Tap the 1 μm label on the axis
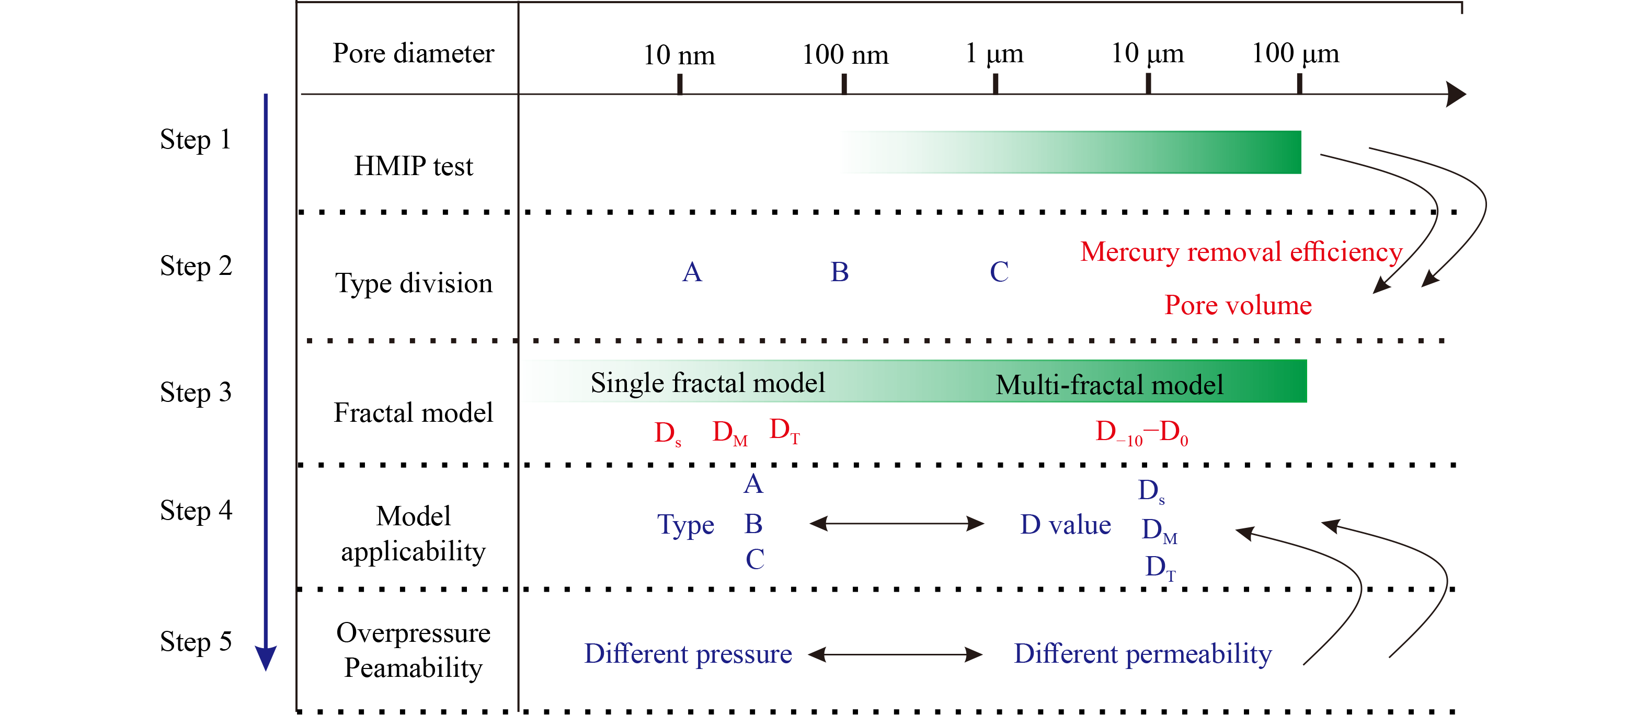coord(994,54)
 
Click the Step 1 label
coord(195,140)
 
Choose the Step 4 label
coord(196,511)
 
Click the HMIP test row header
coord(413,166)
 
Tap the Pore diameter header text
coord(413,53)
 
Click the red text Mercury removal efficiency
coord(1241,252)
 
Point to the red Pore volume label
coord(1238,305)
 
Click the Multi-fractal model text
coord(1110,385)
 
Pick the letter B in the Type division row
coord(840,272)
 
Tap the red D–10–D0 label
coord(1141,433)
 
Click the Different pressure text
coord(688,654)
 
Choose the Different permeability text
coord(1142,654)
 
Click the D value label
coord(1065,525)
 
